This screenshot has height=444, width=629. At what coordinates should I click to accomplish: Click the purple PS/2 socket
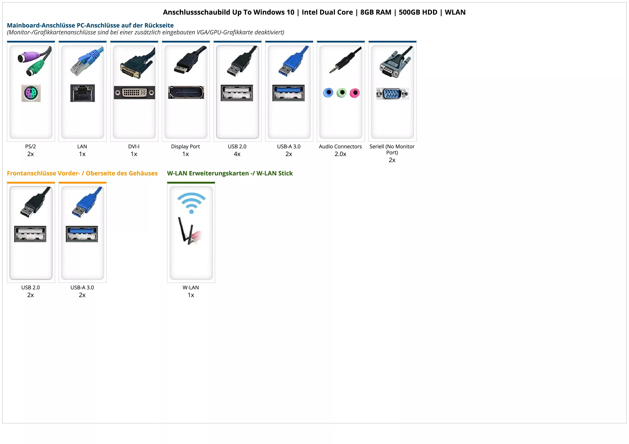click(31, 93)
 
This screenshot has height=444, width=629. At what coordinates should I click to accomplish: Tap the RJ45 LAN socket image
click(82, 93)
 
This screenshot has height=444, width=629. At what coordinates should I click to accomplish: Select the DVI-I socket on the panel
click(134, 93)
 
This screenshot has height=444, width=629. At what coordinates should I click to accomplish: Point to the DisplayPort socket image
click(186, 92)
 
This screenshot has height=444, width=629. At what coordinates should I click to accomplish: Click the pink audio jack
click(354, 93)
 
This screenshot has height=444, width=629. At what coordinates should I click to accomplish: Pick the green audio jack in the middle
click(341, 93)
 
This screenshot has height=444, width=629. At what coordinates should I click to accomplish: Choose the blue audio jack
click(328, 93)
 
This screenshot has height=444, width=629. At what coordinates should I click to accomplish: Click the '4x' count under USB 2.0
click(237, 154)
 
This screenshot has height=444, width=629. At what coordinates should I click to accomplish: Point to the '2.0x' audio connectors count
click(340, 154)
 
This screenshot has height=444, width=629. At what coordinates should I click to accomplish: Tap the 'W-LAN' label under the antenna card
click(191, 287)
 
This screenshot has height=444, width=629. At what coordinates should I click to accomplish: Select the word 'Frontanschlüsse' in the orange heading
click(32, 173)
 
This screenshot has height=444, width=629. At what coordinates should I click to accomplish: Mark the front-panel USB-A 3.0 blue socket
click(82, 234)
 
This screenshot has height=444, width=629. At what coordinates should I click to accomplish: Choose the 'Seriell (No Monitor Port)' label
click(392, 149)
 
